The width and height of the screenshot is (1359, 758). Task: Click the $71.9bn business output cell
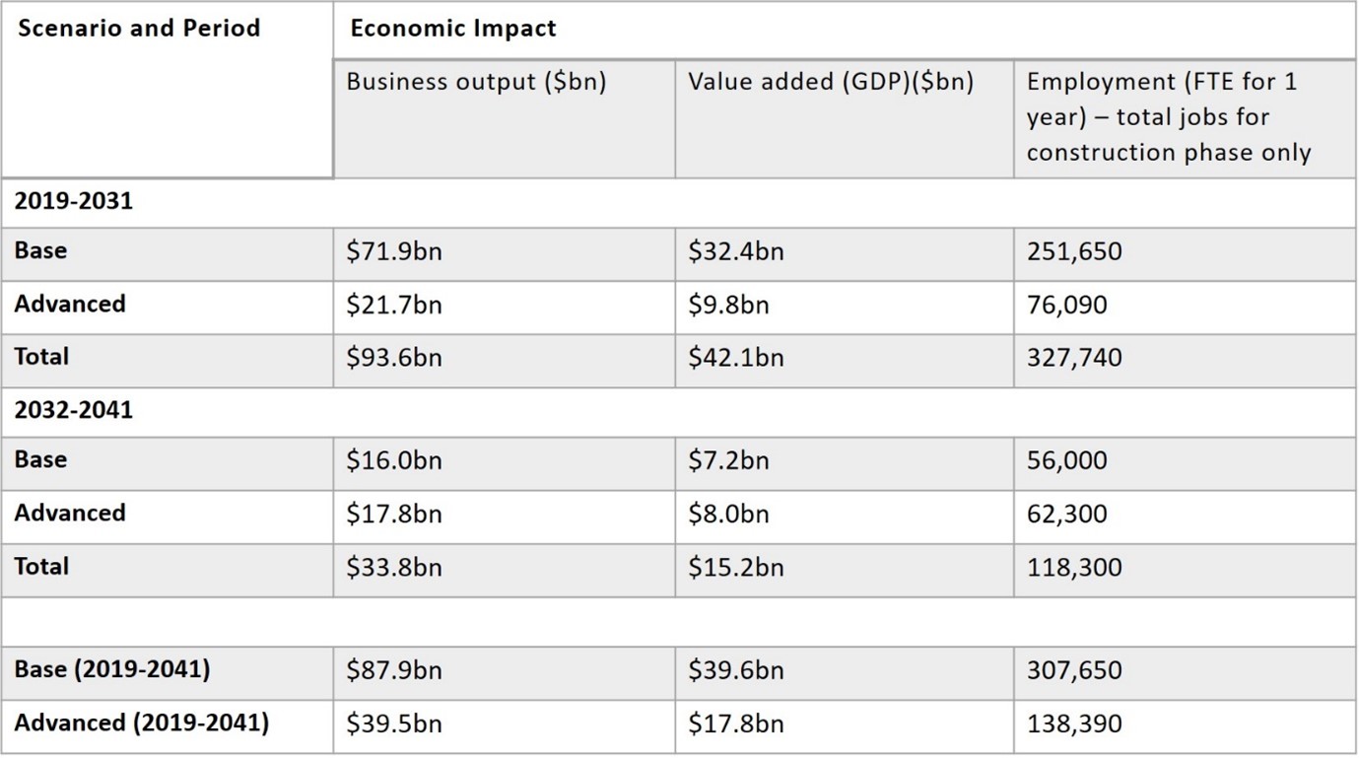[x=394, y=252]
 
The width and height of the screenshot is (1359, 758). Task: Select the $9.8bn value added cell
[x=728, y=306]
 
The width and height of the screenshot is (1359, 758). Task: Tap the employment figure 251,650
[x=1074, y=252]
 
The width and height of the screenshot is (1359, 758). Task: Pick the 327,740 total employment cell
[x=1074, y=358]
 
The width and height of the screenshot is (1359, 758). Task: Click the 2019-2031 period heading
[x=73, y=202]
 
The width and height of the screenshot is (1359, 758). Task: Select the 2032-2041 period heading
[x=73, y=411]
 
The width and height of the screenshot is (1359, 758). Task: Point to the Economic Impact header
[x=453, y=29]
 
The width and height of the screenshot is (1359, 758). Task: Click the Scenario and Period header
[x=139, y=28]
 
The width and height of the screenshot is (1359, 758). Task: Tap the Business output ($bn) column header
[x=476, y=82]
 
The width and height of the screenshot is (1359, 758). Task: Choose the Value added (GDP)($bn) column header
[x=831, y=82]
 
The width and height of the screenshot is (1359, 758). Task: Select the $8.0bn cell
[x=728, y=515]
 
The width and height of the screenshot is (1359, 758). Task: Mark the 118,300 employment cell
[x=1074, y=568]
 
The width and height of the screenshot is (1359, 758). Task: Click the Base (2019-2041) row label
[x=111, y=669]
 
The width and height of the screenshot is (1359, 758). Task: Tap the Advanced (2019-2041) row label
[x=141, y=723]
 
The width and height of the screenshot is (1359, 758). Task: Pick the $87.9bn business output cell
[x=394, y=671]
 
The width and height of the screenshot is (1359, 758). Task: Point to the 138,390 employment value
[x=1074, y=724]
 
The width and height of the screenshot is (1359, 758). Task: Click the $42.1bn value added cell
[x=736, y=358]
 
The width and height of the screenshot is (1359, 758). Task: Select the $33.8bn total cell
[x=394, y=568]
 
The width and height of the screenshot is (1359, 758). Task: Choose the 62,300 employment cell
[x=1066, y=515]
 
